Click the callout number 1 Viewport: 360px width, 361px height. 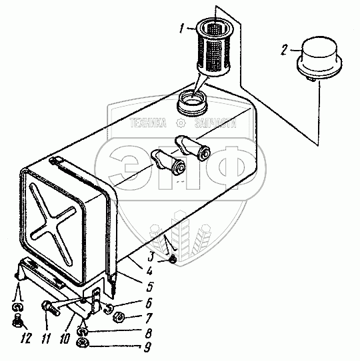(x=182, y=29)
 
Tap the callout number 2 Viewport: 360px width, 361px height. (x=285, y=50)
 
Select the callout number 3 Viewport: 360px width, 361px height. (x=151, y=256)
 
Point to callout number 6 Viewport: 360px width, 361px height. (x=149, y=303)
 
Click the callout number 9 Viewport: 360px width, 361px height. (x=147, y=348)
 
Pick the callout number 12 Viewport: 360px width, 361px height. (x=25, y=338)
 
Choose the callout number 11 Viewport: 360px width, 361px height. (x=45, y=338)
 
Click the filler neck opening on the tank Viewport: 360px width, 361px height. (x=192, y=103)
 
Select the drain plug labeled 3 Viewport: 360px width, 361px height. (x=173, y=260)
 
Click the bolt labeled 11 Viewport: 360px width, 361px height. (x=51, y=308)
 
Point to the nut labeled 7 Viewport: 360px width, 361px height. (x=119, y=319)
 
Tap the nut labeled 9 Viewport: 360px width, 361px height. (x=83, y=344)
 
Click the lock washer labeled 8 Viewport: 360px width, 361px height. (x=82, y=332)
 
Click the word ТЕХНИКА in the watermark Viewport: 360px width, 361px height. (x=148, y=123)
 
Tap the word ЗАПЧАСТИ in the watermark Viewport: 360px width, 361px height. (x=215, y=123)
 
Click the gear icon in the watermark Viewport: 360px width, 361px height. (x=181, y=123)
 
